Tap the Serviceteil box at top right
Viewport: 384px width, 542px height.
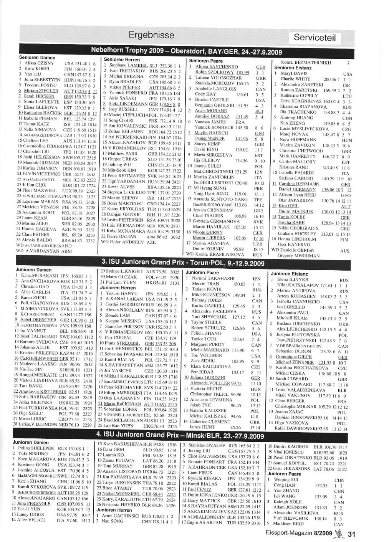coord(314,37)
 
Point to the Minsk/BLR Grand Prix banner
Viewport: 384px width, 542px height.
coord(180,436)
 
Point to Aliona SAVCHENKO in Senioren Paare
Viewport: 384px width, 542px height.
coord(217,67)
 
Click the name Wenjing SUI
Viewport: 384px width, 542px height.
coord(286,480)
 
